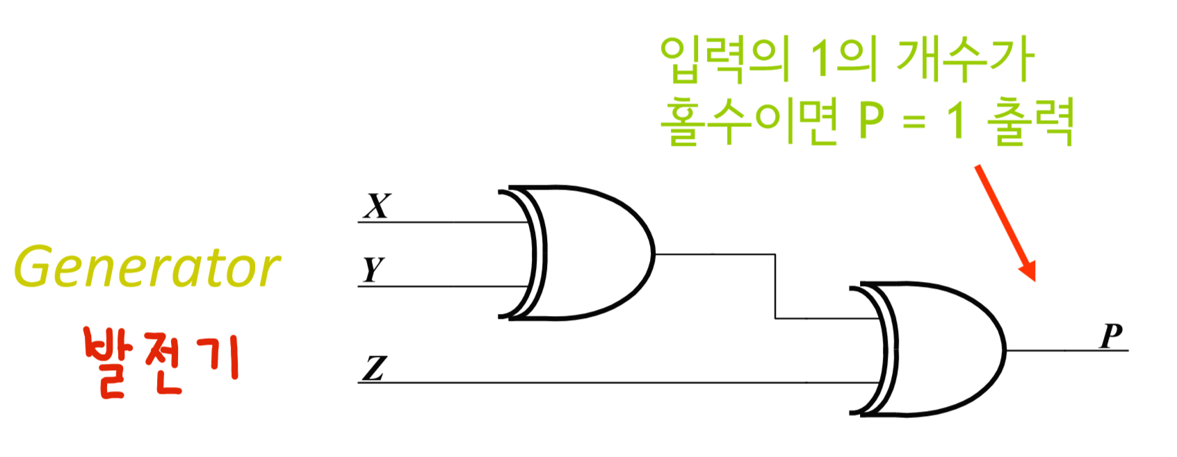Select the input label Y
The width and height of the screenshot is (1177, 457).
click(x=373, y=269)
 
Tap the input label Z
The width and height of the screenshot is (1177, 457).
click(x=374, y=368)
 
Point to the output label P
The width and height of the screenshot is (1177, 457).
click(x=1112, y=336)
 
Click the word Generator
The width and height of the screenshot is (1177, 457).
click(x=147, y=267)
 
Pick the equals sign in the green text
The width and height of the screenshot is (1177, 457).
click(x=914, y=122)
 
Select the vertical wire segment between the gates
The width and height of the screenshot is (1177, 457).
click(x=775, y=286)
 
